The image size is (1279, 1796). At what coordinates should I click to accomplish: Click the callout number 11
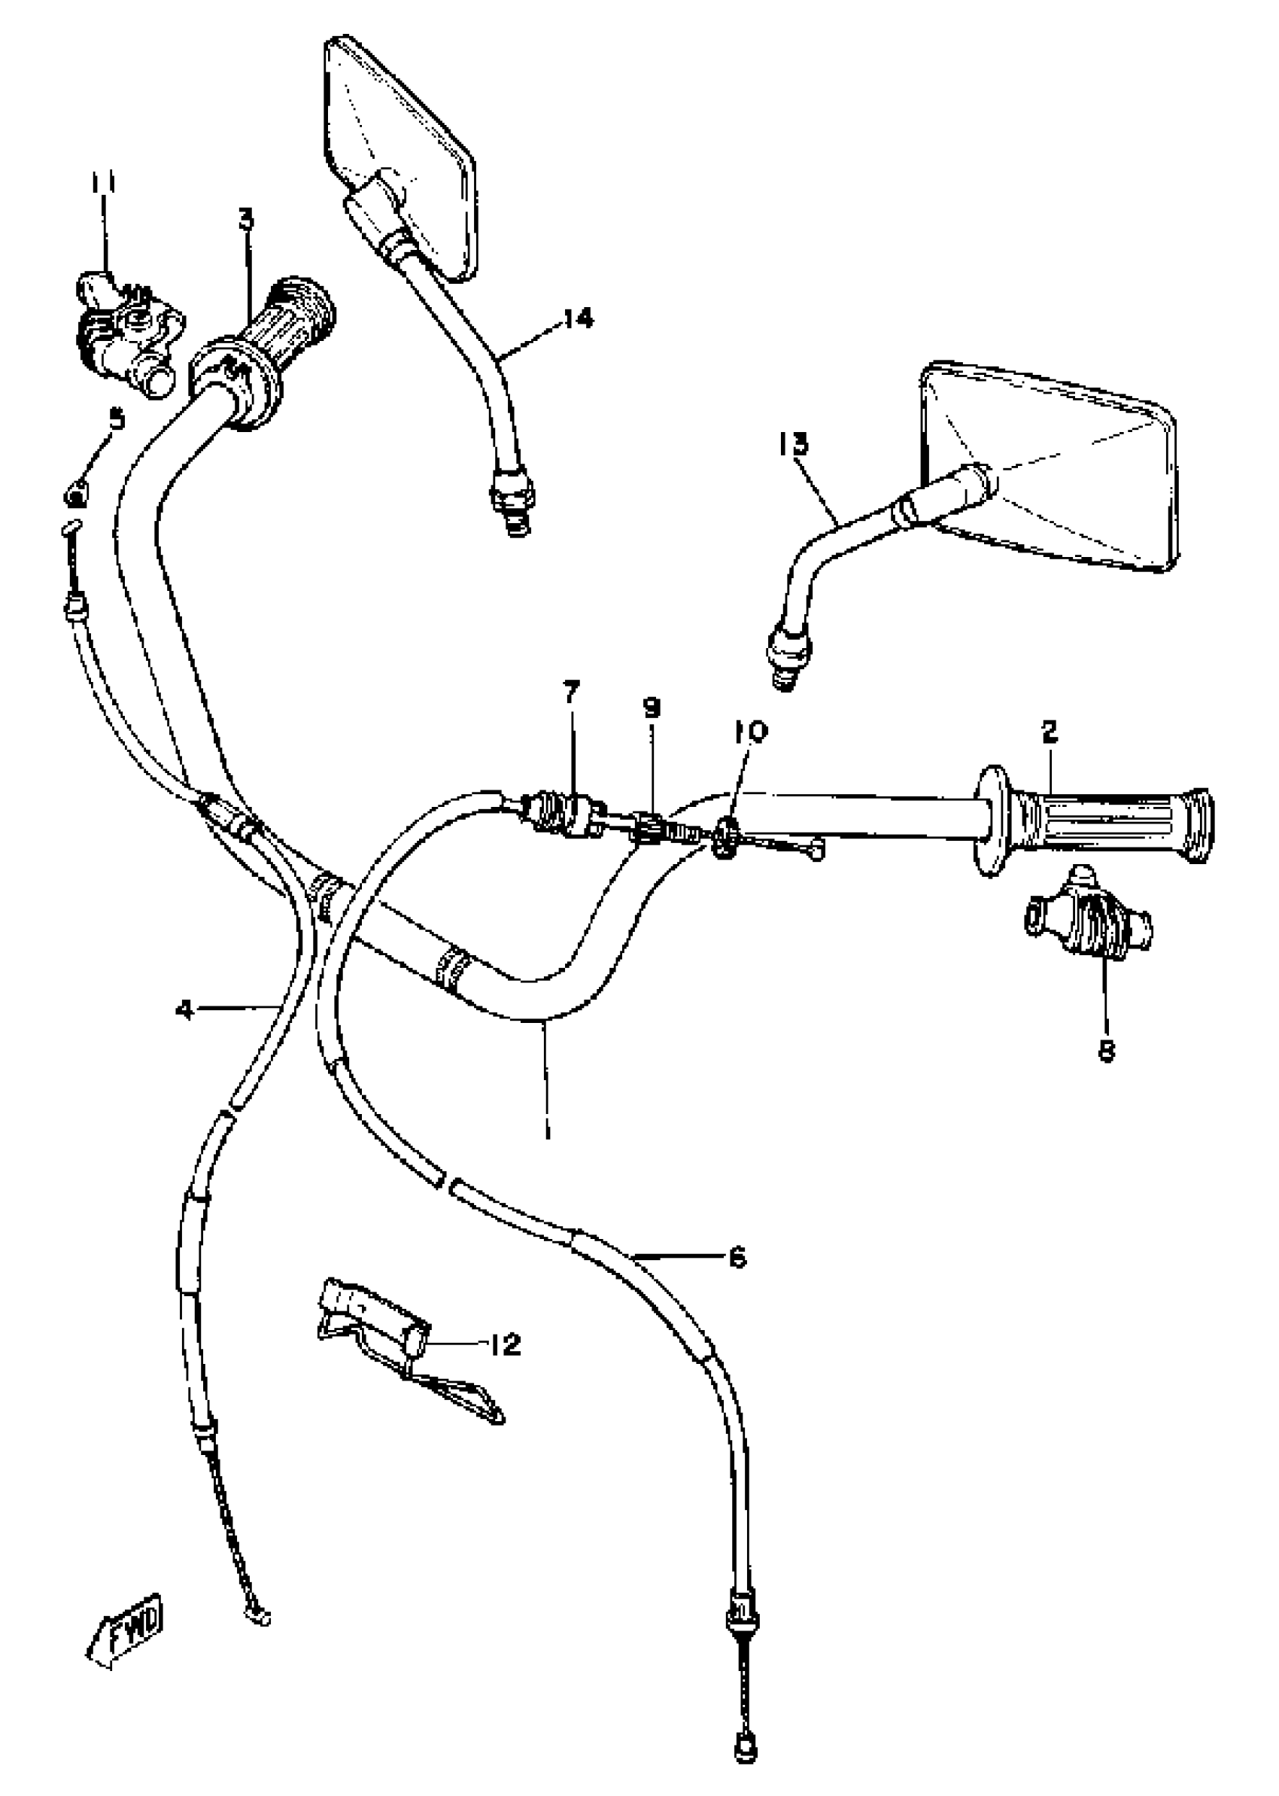point(102,183)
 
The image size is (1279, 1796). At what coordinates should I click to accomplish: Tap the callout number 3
point(247,220)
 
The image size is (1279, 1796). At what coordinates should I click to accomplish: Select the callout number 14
point(578,319)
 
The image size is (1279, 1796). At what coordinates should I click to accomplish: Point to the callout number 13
point(793,444)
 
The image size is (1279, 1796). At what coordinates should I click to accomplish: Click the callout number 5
point(117,419)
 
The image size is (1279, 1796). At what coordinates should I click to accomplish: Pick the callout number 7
point(571,693)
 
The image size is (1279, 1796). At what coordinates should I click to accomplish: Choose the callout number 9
point(652,708)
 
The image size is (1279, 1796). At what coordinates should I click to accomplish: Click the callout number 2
point(1049,732)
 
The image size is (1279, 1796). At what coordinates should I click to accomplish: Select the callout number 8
point(1107,1050)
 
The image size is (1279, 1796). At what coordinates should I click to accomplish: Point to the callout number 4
point(184,1009)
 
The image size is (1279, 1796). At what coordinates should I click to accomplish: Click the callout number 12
point(504,1344)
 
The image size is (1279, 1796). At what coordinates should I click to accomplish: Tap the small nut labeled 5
point(75,495)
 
